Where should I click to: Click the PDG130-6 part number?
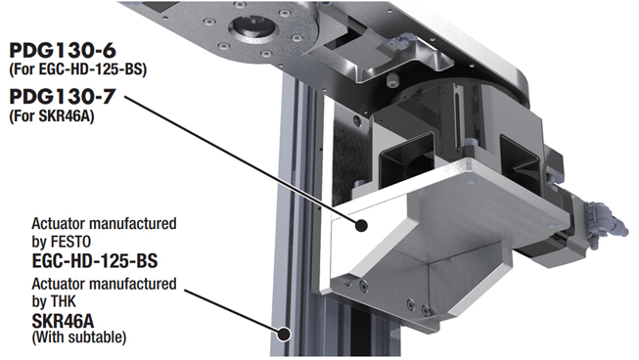pyautogui.click(x=63, y=51)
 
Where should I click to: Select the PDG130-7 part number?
pyautogui.click(x=63, y=97)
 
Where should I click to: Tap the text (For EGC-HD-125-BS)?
pyautogui.click(x=77, y=69)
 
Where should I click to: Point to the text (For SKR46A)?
pyautogui.click(x=51, y=116)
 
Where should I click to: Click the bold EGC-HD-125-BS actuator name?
pyautogui.click(x=95, y=260)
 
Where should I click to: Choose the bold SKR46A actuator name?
pyautogui.click(x=63, y=321)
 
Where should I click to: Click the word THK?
pyautogui.click(x=64, y=301)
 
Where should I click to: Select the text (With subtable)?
pyautogui.click(x=79, y=337)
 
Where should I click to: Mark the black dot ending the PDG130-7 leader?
pyautogui.click(x=361, y=225)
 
